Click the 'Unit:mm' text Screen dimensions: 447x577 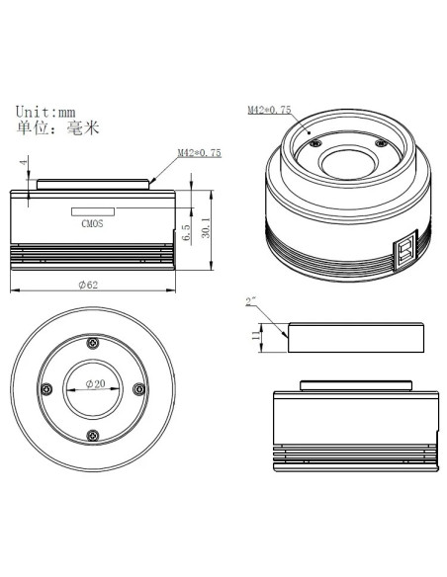click(45, 112)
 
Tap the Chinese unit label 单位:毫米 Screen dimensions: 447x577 click(57, 128)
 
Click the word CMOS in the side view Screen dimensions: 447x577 click(92, 223)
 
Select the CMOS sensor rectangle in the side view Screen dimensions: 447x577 click(93, 211)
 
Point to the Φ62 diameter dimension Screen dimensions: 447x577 click(88, 285)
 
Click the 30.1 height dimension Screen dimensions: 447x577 click(206, 227)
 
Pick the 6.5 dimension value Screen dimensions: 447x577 click(186, 232)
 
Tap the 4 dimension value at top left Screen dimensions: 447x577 click(24, 162)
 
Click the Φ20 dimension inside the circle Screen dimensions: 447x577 click(95, 383)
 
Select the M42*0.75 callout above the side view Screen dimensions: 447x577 click(200, 153)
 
